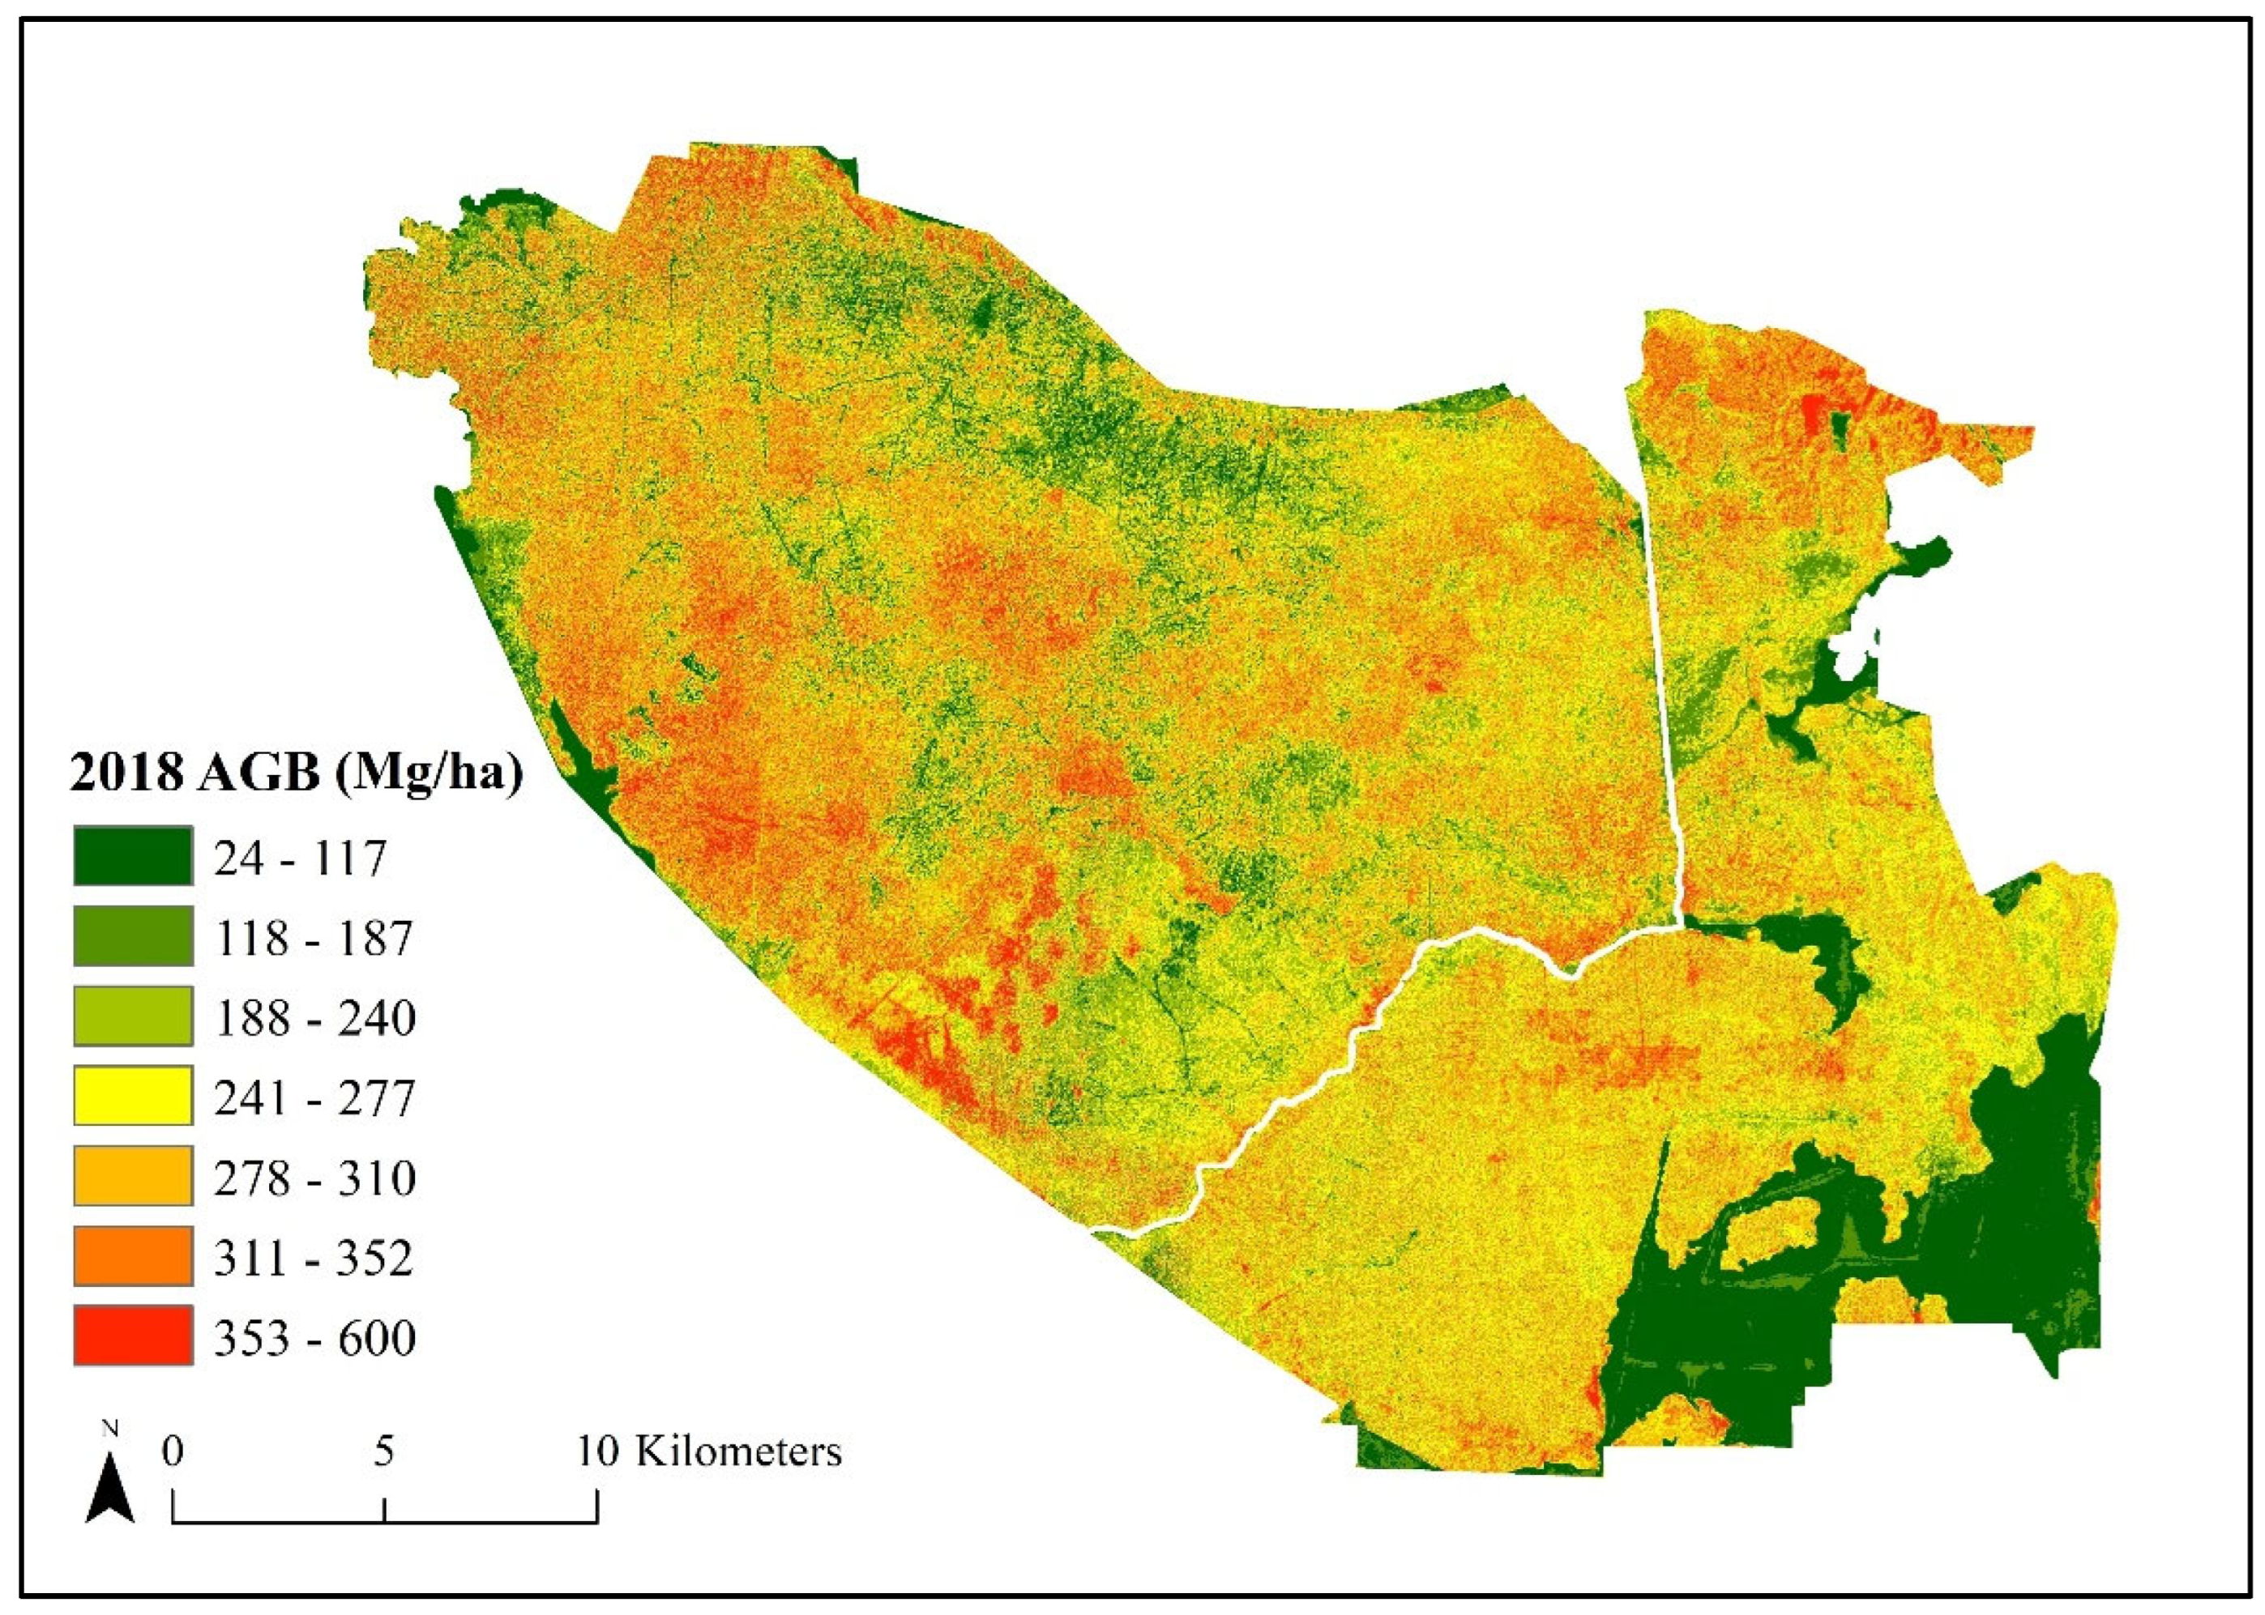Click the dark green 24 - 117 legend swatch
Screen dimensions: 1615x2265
coord(132,856)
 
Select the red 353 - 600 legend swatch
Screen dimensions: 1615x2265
coord(132,1336)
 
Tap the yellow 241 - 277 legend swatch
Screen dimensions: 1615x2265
coord(132,1096)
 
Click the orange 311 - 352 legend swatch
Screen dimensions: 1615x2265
coord(132,1256)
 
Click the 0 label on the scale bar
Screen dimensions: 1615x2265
coord(173,1451)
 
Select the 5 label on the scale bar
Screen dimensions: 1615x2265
coord(384,1451)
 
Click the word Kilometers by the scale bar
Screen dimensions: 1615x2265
coord(738,1451)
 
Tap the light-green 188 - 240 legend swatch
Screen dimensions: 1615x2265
coord(132,1016)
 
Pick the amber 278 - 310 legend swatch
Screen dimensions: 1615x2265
coord(132,1175)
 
